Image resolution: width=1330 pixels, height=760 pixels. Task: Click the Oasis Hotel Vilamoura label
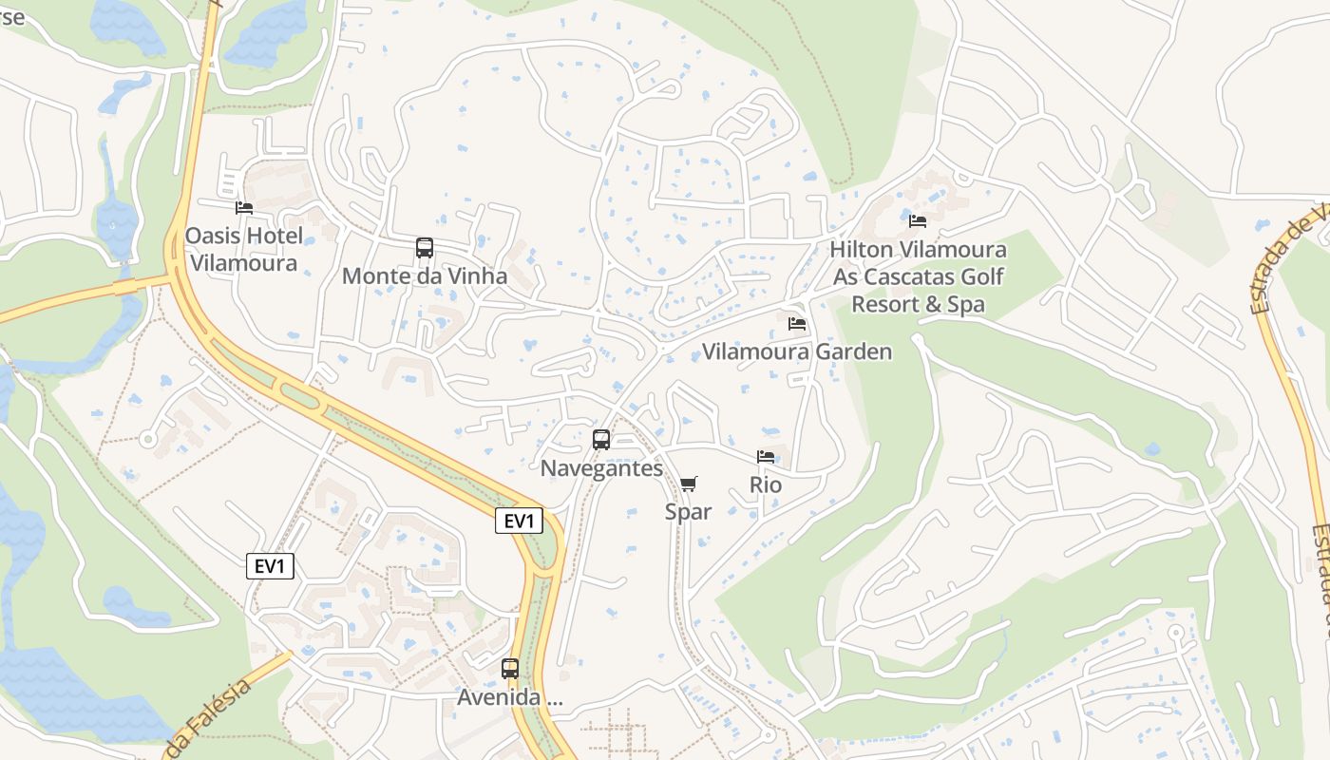point(244,249)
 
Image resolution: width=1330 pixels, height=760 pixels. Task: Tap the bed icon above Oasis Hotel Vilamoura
point(244,208)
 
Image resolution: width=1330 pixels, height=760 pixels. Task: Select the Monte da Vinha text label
point(424,276)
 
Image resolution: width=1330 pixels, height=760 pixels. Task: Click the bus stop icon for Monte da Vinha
point(425,248)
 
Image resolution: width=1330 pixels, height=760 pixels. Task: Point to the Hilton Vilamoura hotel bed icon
point(918,221)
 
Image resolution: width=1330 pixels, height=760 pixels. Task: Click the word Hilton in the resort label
point(861,250)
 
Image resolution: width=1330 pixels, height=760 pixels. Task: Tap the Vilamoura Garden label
point(796,352)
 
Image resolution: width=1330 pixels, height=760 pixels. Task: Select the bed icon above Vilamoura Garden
point(797,324)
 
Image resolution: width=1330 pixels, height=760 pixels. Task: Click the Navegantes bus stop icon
point(601,440)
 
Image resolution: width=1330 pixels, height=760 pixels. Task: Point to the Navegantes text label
point(601,468)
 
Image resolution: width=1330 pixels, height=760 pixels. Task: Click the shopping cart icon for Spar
point(689,484)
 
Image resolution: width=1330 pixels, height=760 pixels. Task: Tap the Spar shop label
point(688,512)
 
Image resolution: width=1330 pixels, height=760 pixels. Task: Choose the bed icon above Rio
point(766,457)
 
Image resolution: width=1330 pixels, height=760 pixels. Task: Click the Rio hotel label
point(766,485)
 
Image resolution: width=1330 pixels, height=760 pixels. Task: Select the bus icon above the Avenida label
point(510,669)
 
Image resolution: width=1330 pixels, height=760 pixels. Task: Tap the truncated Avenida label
point(509,697)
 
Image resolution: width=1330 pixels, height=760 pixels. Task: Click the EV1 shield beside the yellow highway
point(519,521)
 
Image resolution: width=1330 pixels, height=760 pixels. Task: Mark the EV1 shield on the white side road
point(271,567)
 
